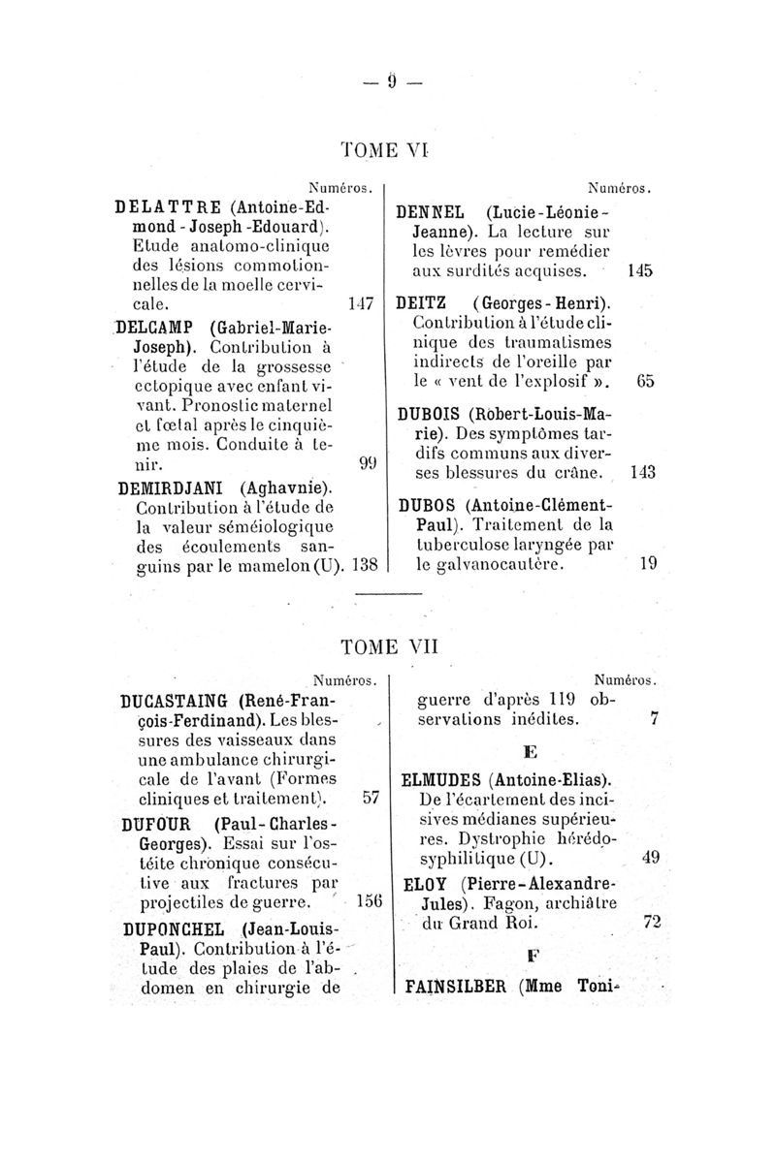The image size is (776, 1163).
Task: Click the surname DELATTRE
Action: [x=160, y=206]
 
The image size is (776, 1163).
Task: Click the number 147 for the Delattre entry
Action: [x=361, y=303]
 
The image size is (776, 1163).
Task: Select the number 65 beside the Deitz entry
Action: [x=646, y=381]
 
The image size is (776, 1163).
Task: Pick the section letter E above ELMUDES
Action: [x=530, y=751]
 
